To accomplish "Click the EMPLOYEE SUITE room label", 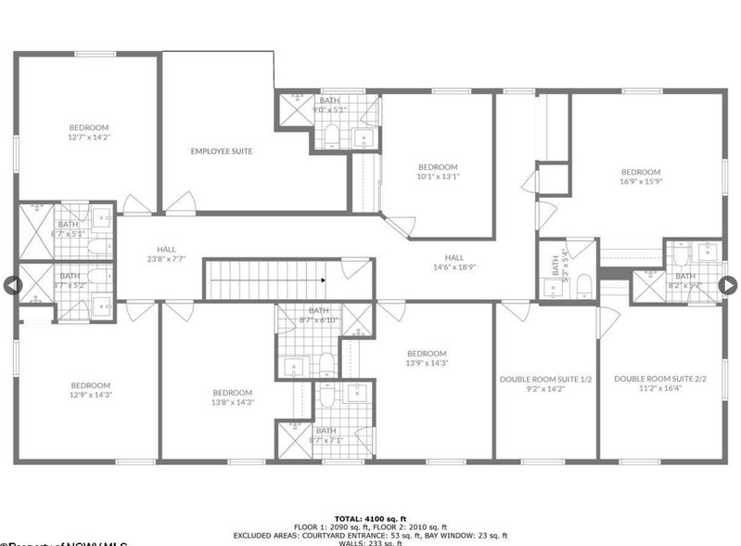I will (x=222, y=151).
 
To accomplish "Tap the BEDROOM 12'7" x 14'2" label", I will (x=89, y=132).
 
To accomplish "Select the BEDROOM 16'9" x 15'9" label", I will (x=640, y=176).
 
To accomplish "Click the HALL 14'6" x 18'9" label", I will (x=454, y=262).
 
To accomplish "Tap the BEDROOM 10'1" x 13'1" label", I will (x=438, y=171).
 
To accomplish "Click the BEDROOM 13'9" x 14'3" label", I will (x=427, y=357).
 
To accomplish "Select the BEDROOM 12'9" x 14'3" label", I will (x=90, y=390).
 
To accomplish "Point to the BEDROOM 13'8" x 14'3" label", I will (x=233, y=396).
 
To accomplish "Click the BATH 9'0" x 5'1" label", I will (x=330, y=105).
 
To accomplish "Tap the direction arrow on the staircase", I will (x=323, y=279).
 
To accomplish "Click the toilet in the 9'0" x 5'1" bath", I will (x=332, y=139).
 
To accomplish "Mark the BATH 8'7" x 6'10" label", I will (x=318, y=315).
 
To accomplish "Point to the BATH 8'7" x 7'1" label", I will (x=326, y=435).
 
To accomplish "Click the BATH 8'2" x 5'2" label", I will (x=684, y=279).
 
